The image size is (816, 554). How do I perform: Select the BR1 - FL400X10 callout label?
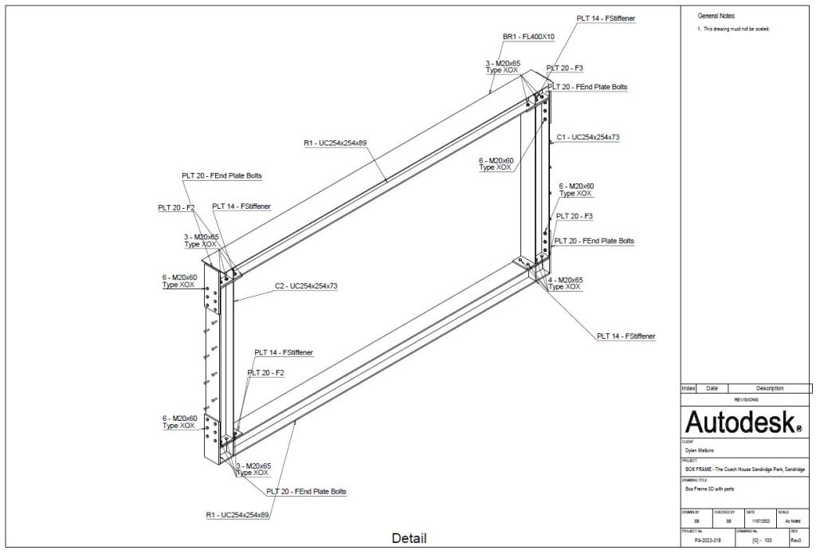(528, 37)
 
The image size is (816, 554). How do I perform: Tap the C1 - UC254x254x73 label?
(588, 137)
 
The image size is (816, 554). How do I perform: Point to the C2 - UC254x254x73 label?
(306, 285)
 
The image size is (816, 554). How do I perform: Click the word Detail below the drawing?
(409, 538)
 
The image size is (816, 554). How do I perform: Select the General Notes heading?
(716, 16)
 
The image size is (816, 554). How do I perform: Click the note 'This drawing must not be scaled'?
(736, 29)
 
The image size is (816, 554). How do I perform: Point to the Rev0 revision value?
(794, 540)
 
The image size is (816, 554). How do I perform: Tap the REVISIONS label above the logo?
(744, 399)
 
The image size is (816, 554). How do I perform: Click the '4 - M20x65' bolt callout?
(566, 280)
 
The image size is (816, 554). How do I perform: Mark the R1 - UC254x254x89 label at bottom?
(237, 515)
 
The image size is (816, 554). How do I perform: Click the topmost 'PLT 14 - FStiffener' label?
(606, 18)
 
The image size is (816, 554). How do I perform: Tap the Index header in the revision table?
(688, 388)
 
